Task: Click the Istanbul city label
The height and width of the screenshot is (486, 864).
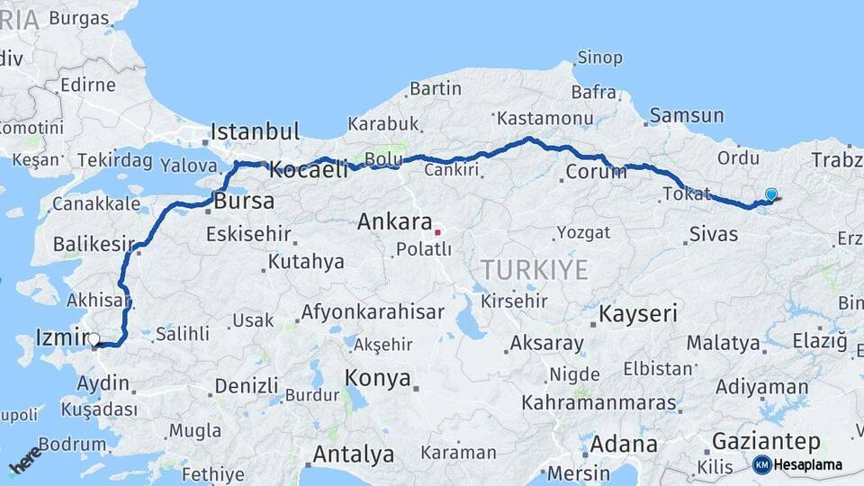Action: point(255,131)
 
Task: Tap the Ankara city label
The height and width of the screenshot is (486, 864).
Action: point(393,221)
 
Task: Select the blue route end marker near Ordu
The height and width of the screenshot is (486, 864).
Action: point(771,193)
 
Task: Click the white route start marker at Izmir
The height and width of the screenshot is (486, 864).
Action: point(94,339)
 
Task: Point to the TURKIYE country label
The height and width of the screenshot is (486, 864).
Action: point(534,269)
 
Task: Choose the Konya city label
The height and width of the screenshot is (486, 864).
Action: point(377,379)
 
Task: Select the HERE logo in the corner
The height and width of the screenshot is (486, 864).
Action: point(24,459)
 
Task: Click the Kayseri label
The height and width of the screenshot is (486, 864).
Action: point(638,314)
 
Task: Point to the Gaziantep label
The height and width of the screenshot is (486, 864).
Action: point(766,441)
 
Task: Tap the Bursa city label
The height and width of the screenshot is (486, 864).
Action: point(244,201)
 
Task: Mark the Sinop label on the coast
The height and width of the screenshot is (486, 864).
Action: point(599,58)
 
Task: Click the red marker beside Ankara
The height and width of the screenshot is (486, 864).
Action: point(437,231)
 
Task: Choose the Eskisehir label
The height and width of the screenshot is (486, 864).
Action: point(248,235)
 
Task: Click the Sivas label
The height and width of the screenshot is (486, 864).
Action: point(714,235)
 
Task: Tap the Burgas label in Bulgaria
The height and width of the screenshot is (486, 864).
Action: point(78,17)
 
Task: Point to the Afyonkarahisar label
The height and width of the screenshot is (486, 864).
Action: point(373,312)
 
